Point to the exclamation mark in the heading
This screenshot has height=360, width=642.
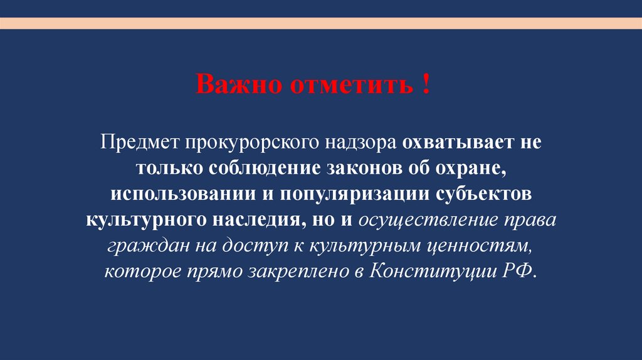(x=426, y=84)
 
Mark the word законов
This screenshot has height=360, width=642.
(x=372, y=169)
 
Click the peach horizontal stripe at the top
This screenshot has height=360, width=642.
(x=321, y=23)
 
